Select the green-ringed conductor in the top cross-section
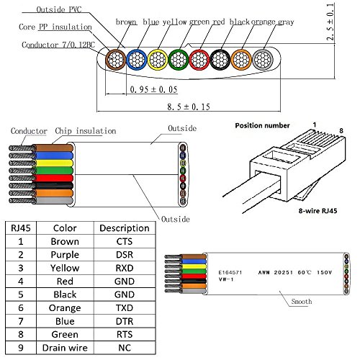tap(180, 59)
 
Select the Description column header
tap(124, 228)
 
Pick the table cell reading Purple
tap(66, 256)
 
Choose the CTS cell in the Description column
tap(124, 241)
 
